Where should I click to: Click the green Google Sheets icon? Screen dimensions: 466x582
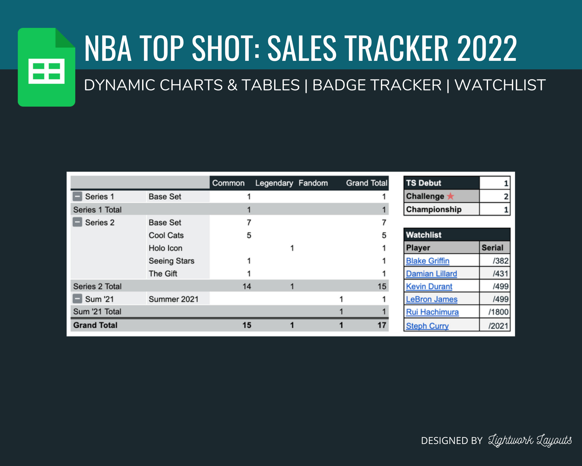(46, 68)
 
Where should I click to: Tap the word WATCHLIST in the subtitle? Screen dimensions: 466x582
(500, 85)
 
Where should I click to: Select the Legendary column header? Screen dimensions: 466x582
(274, 183)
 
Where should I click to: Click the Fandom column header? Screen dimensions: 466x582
(313, 183)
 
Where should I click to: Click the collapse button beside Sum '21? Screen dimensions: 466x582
(77, 299)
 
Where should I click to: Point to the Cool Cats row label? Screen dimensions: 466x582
(166, 235)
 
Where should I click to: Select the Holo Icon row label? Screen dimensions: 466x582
(165, 248)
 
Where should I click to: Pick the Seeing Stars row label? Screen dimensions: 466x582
(171, 261)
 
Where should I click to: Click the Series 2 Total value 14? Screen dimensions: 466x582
(247, 286)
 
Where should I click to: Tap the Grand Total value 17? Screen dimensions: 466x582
(382, 325)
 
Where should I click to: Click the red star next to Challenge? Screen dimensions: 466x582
(450, 196)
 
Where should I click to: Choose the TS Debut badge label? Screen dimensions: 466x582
(424, 183)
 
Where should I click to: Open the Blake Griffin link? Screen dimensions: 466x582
(428, 261)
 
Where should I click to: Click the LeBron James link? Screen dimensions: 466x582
(432, 299)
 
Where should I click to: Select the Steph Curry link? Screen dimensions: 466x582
(427, 326)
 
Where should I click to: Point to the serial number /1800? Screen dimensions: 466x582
(498, 312)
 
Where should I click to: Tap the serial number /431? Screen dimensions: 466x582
(500, 273)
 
